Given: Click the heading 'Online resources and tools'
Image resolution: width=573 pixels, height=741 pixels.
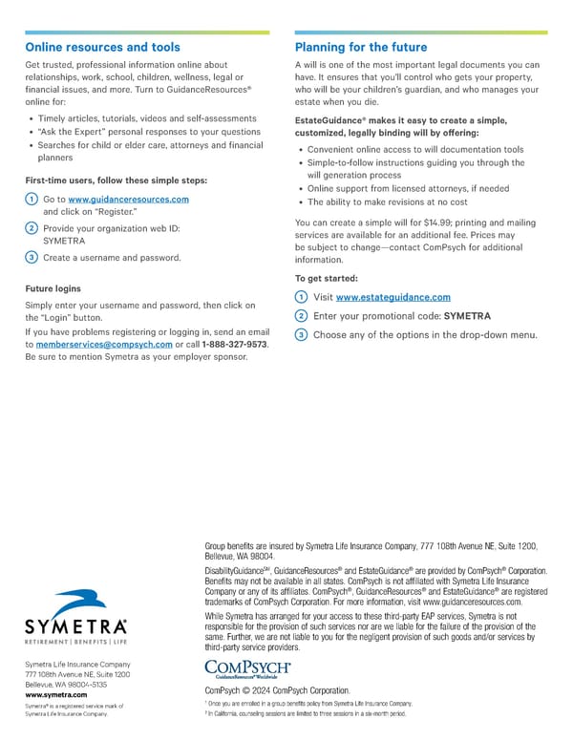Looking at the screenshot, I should point(102,47).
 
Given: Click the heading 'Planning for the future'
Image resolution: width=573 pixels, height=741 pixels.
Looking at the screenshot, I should point(361,47).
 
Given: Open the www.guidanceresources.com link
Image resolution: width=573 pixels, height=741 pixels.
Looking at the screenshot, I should point(129,199).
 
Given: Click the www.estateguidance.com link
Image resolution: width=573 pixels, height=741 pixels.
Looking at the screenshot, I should point(393,298).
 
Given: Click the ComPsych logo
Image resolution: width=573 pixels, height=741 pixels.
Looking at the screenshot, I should point(247,668).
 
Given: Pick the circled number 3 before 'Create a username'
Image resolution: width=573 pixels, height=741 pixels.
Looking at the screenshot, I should point(32,257).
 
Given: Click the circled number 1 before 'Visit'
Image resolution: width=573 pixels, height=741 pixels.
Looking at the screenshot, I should point(302,298).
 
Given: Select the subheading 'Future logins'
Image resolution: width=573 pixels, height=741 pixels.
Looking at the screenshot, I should point(53,288).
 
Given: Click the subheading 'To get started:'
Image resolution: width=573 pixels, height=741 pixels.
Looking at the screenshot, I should point(328,278).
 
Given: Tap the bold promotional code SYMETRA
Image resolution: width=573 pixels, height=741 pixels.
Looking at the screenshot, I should point(468,316).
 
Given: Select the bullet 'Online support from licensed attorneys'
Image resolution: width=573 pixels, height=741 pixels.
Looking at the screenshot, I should point(402,189).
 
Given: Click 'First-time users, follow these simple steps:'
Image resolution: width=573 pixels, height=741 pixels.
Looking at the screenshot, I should point(116,180).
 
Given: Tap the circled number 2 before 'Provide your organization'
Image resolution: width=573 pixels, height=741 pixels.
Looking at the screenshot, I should point(32,228).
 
